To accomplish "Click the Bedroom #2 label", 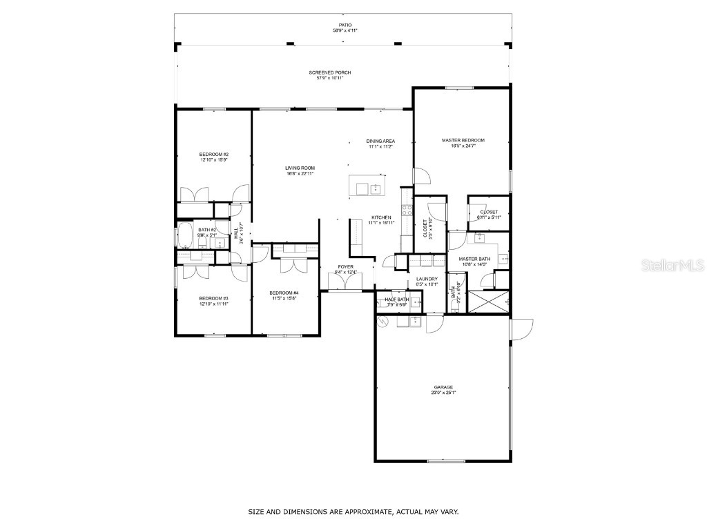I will pyautogui.click(x=213, y=154).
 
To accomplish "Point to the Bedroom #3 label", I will pyautogui.click(x=213, y=298).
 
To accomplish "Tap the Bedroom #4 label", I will pyautogui.click(x=284, y=293).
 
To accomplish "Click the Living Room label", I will pyautogui.click(x=300, y=168).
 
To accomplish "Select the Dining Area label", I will pyautogui.click(x=380, y=141).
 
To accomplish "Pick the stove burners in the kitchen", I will pyautogui.click(x=405, y=212).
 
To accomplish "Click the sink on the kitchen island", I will pyautogui.click(x=376, y=188).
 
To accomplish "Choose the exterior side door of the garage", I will pyautogui.click(x=521, y=329).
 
